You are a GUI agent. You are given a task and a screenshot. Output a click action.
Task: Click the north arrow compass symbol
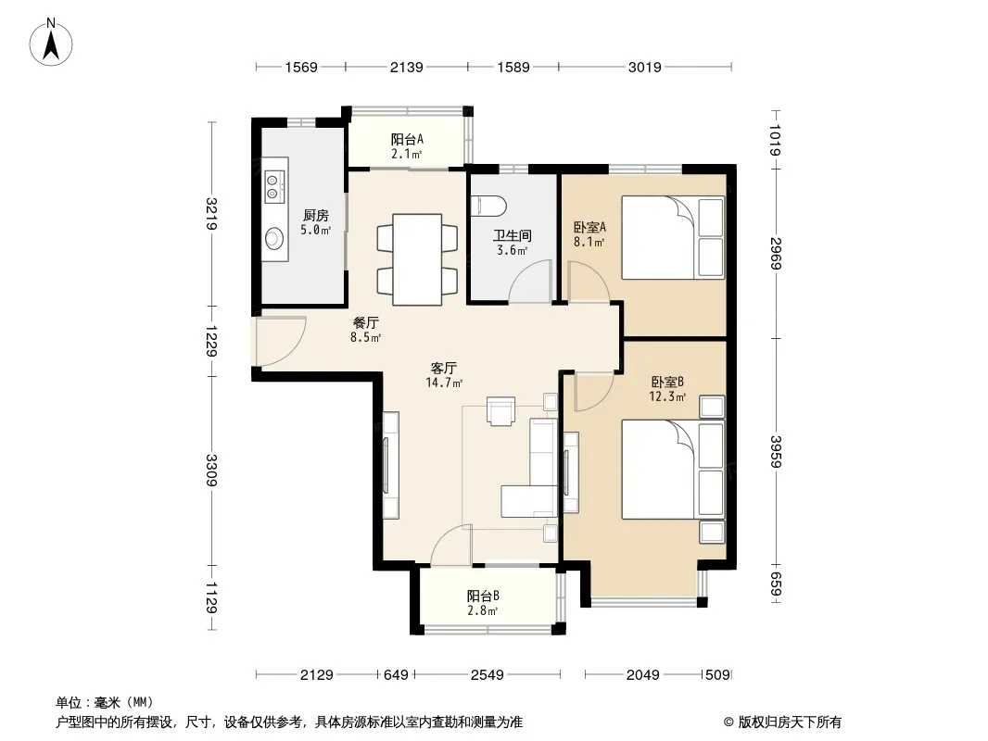coord(51,43)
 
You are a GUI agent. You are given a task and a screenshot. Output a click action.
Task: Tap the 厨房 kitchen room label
coord(316,215)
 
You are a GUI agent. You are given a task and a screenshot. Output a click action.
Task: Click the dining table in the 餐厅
coord(416,259)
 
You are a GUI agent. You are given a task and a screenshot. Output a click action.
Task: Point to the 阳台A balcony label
coord(407,139)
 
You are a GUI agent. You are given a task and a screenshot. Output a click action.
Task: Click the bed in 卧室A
coord(673,237)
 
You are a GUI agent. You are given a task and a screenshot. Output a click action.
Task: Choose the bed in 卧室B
coord(673,470)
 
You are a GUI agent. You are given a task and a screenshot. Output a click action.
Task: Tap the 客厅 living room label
coord(444,368)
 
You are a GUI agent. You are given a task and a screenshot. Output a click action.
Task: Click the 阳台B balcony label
coord(483,596)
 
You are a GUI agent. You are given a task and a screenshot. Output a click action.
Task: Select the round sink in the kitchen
coord(274,239)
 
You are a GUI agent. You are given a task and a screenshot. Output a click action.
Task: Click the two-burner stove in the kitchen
coord(273,186)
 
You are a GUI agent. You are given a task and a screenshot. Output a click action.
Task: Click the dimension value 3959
coord(776,452)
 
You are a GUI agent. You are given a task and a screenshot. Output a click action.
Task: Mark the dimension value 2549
coord(488,675)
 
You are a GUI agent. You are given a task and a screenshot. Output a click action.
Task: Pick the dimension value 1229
coord(211,341)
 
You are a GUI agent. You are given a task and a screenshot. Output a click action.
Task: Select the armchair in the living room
coord(500,411)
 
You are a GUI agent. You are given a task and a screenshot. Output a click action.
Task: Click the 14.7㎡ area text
coord(444,383)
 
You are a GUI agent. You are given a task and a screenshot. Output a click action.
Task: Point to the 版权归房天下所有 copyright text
coord(790,722)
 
